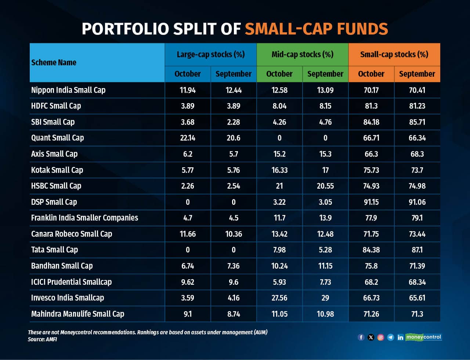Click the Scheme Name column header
coord(54,62)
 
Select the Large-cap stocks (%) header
coord(210,54)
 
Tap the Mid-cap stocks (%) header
coord(302,54)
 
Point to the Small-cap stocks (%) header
coord(394,54)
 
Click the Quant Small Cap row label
coord(57,138)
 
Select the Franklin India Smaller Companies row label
coord(84,218)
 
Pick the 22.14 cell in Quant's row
coord(188,138)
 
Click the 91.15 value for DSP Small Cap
coord(371,202)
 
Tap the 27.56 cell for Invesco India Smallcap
coord(279,298)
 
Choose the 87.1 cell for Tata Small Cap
coord(417,250)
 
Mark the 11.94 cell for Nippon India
coord(188,90)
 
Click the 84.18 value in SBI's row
coord(371,122)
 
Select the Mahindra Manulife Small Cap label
coord(77,314)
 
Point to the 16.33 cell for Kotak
coord(279,170)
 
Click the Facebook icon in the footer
coord(361,337)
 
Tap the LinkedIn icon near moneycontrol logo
coord(400,337)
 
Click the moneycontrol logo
coord(424,337)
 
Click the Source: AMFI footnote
coord(42,339)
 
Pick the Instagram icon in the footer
coord(381,337)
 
